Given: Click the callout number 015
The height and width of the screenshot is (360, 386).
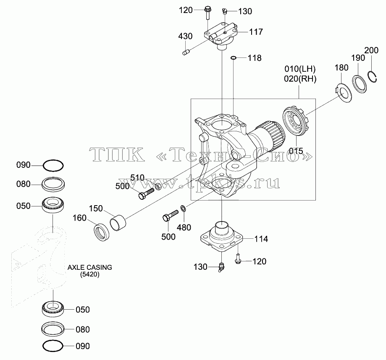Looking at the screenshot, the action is coord(296,151).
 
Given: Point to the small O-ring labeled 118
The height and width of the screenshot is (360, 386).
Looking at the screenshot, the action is coord(234,58).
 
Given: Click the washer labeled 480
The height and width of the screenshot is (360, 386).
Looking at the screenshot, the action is coord(184,209).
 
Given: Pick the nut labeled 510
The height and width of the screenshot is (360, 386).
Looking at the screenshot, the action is coord(158,187).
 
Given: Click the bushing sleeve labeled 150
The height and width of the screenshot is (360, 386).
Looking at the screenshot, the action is coord(118,223).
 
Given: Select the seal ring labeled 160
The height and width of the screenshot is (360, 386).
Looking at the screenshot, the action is coord(102,232).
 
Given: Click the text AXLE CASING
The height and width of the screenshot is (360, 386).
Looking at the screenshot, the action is coord(89,267).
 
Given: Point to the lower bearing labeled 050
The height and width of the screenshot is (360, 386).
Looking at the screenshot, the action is coord(53,309).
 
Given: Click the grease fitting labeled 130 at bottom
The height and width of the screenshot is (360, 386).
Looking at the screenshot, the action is coord(221,267).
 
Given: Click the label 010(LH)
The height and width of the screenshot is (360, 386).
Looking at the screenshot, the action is coord(300,69).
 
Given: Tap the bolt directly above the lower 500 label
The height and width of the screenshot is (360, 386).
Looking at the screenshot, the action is coord(170,215).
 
